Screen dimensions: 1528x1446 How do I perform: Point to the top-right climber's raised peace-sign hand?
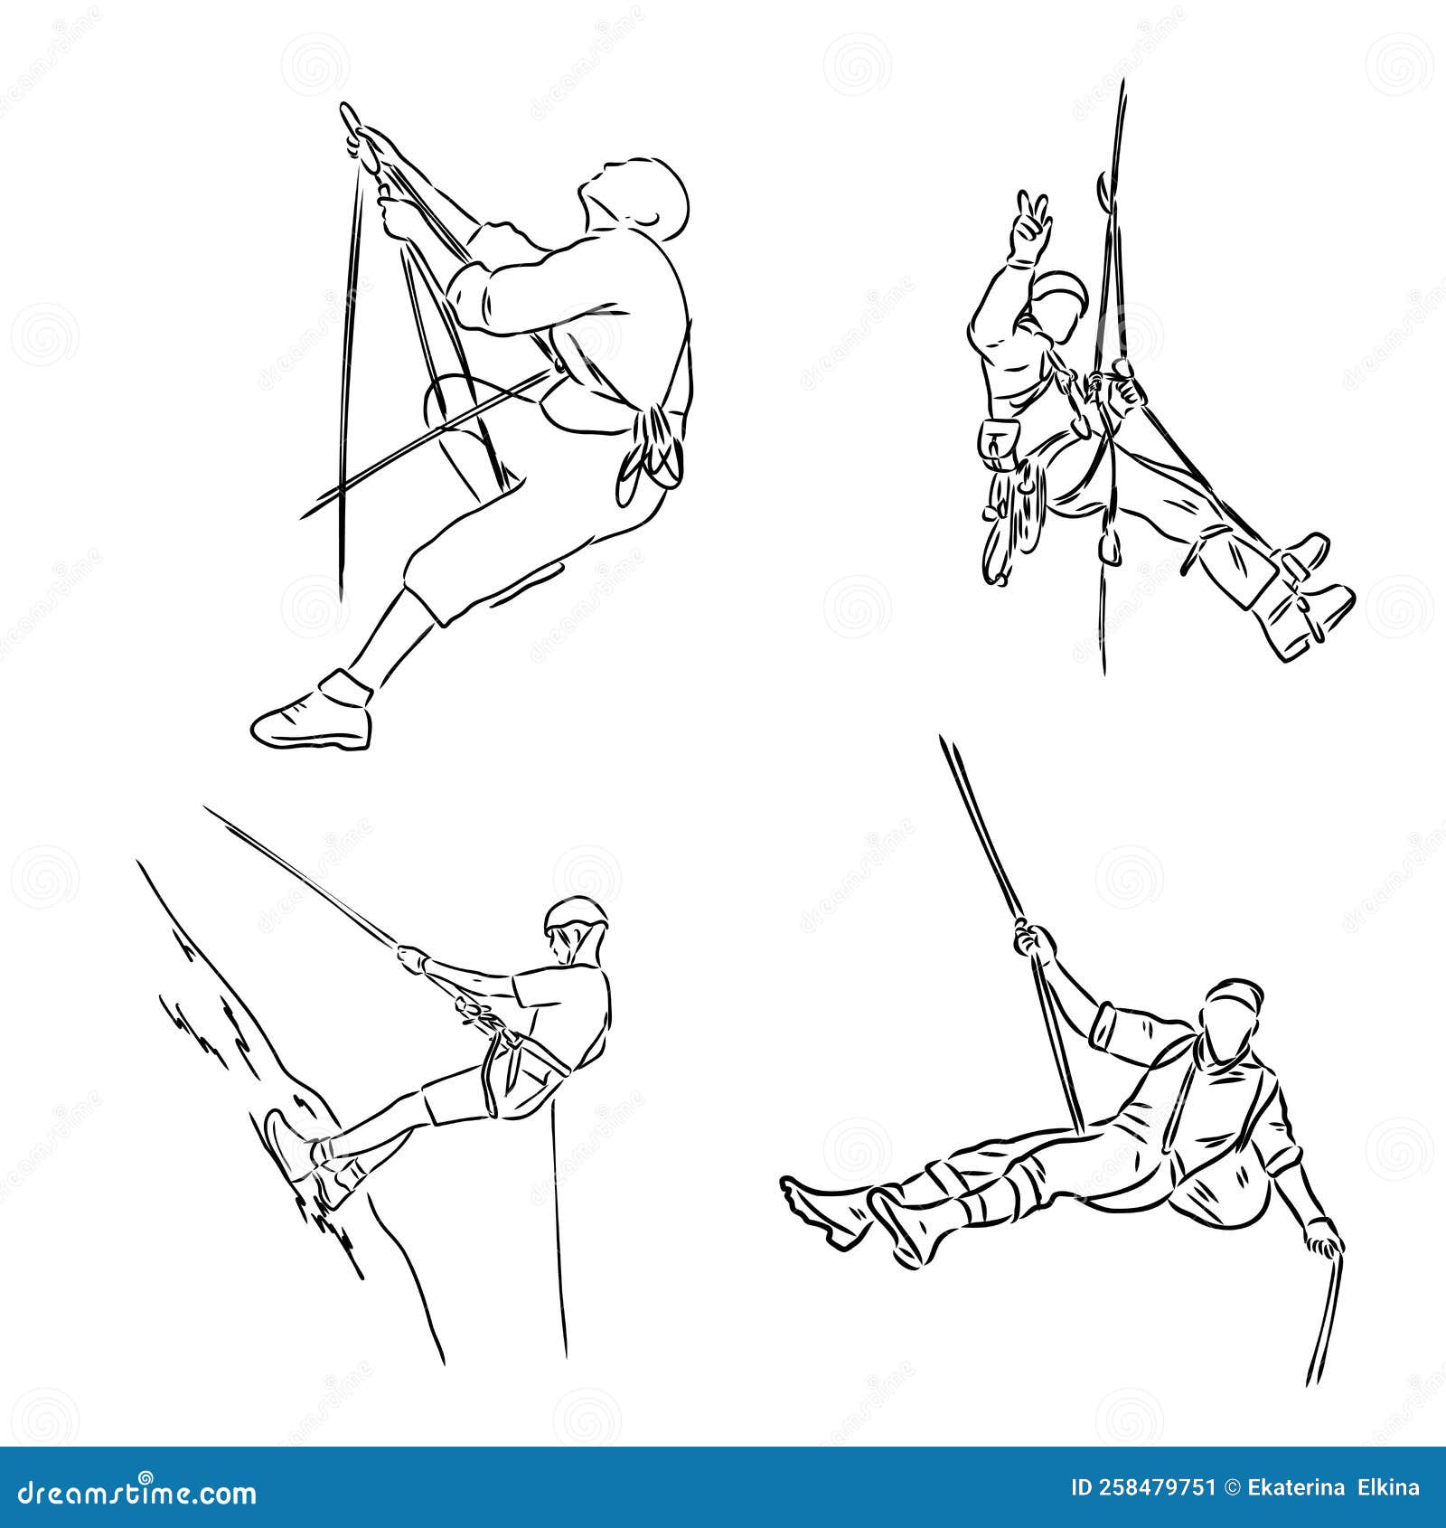pyautogui.click(x=1030, y=222)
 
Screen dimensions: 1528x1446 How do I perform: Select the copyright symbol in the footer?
pyautogui.click(x=1227, y=1487)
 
